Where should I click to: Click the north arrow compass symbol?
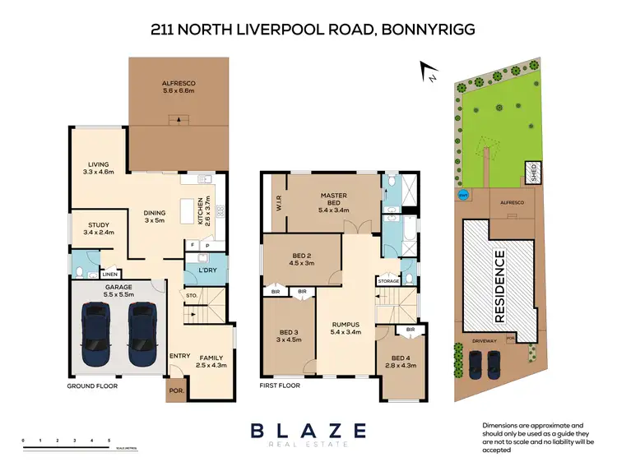425,72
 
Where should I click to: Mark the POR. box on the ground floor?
175,391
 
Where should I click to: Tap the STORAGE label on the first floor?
389,281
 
